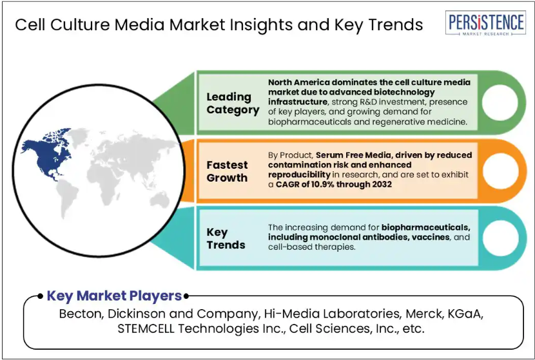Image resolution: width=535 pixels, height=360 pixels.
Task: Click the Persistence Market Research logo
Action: pyautogui.click(x=485, y=23)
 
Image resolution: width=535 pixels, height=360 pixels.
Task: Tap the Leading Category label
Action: pyautogui.click(x=233, y=103)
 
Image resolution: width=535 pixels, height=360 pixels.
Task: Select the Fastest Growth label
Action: pyautogui.click(x=228, y=171)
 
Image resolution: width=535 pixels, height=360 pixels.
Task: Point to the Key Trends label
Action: pyautogui.click(x=226, y=238)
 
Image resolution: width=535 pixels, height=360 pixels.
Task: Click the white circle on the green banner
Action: pyautogui.click(x=500, y=102)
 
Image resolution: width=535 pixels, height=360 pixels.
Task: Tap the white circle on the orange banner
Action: pyautogui.click(x=500, y=171)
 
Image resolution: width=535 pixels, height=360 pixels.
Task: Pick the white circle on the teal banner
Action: pyautogui.click(x=500, y=238)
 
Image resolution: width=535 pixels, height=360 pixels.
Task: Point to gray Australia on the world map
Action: pyautogui.click(x=160, y=200)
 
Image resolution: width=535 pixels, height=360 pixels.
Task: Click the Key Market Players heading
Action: pyautogui.click(x=114, y=296)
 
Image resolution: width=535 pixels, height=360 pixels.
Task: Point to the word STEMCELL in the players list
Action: pyautogui.click(x=146, y=328)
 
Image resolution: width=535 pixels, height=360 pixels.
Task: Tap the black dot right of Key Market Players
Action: pyautogui.click(x=186, y=296)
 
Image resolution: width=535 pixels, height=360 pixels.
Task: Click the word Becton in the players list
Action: pyautogui.click(x=81, y=314)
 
